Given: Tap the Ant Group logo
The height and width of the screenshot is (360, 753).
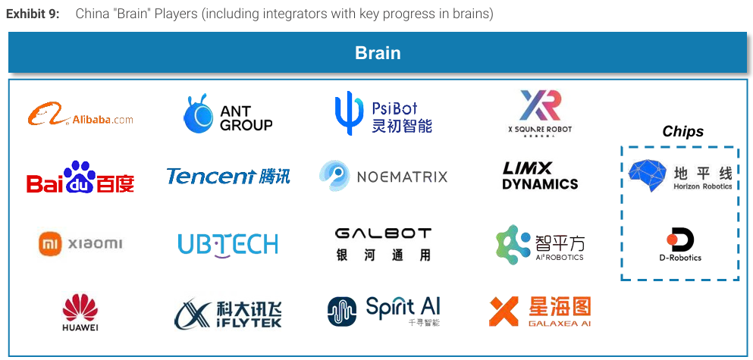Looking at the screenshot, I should point(227,115).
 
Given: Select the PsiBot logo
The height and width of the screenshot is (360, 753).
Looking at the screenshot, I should point(384,114).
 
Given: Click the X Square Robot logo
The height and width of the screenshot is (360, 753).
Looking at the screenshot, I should point(540,111).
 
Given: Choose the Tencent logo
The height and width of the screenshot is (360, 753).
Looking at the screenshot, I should point(227,177).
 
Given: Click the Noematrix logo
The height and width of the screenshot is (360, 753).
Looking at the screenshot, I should point(383,176).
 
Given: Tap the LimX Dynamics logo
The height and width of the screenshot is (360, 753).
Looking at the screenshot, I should point(540,176).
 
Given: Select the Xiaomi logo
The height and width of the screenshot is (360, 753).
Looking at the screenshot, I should point(80,243).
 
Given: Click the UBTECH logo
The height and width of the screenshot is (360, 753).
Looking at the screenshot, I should point(227,243).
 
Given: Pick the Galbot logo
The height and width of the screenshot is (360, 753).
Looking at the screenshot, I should point(383,243).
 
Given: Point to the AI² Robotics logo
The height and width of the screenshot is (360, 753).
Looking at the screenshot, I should point(540,243).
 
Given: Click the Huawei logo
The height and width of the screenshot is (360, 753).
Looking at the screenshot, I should point(80,313).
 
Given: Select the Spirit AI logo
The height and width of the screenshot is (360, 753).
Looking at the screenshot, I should point(383,311).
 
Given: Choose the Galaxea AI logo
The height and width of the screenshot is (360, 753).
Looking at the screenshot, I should point(540,311).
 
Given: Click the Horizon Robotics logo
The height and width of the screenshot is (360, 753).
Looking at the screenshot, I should point(680,175).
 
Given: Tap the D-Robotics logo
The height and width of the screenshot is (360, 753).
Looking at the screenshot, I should point(680,244).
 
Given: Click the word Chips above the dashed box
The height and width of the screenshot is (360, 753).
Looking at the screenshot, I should point(682,132).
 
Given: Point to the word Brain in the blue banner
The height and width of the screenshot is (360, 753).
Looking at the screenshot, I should point(378,53).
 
